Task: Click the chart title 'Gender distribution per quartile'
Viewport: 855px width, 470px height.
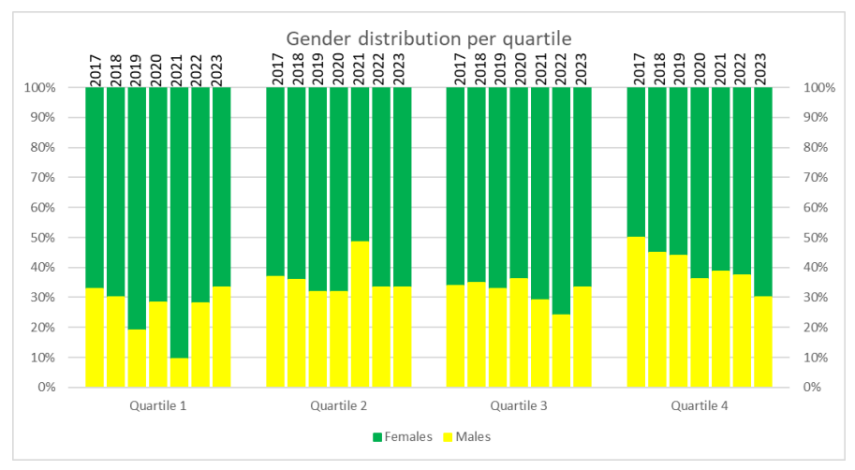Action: click(x=428, y=38)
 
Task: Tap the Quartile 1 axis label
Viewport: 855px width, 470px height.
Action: click(x=157, y=406)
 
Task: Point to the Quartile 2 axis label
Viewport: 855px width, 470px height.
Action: click(x=338, y=406)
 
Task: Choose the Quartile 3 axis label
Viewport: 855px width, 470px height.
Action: click(x=518, y=406)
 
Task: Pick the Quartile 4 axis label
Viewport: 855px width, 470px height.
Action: click(x=699, y=406)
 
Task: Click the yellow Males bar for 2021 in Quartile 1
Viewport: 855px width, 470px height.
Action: click(x=179, y=373)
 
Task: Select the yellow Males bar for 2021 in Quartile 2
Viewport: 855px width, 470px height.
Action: click(x=360, y=315)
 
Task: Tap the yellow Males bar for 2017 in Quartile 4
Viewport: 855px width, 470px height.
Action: click(x=636, y=312)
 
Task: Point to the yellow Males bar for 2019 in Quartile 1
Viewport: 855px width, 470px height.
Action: click(x=137, y=358)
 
